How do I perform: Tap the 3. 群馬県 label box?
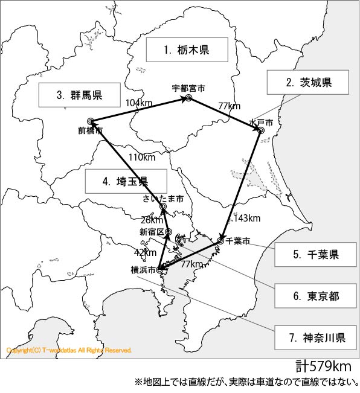click(79, 94)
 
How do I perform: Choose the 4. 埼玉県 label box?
click(125, 181)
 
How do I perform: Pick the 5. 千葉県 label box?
click(315, 255)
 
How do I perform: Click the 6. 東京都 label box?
click(315, 296)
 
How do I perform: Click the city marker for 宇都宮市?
click(188, 98)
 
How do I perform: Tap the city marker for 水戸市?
click(260, 130)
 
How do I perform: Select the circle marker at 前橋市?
click(90, 121)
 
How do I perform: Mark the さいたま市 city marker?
click(162, 208)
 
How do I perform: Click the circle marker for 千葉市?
click(220, 241)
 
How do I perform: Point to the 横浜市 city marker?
click(159, 270)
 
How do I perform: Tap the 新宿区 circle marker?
click(169, 232)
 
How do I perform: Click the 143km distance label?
click(246, 218)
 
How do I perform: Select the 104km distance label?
click(139, 103)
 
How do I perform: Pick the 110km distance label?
click(142, 158)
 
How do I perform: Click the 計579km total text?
click(323, 366)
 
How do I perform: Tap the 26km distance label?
click(151, 220)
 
